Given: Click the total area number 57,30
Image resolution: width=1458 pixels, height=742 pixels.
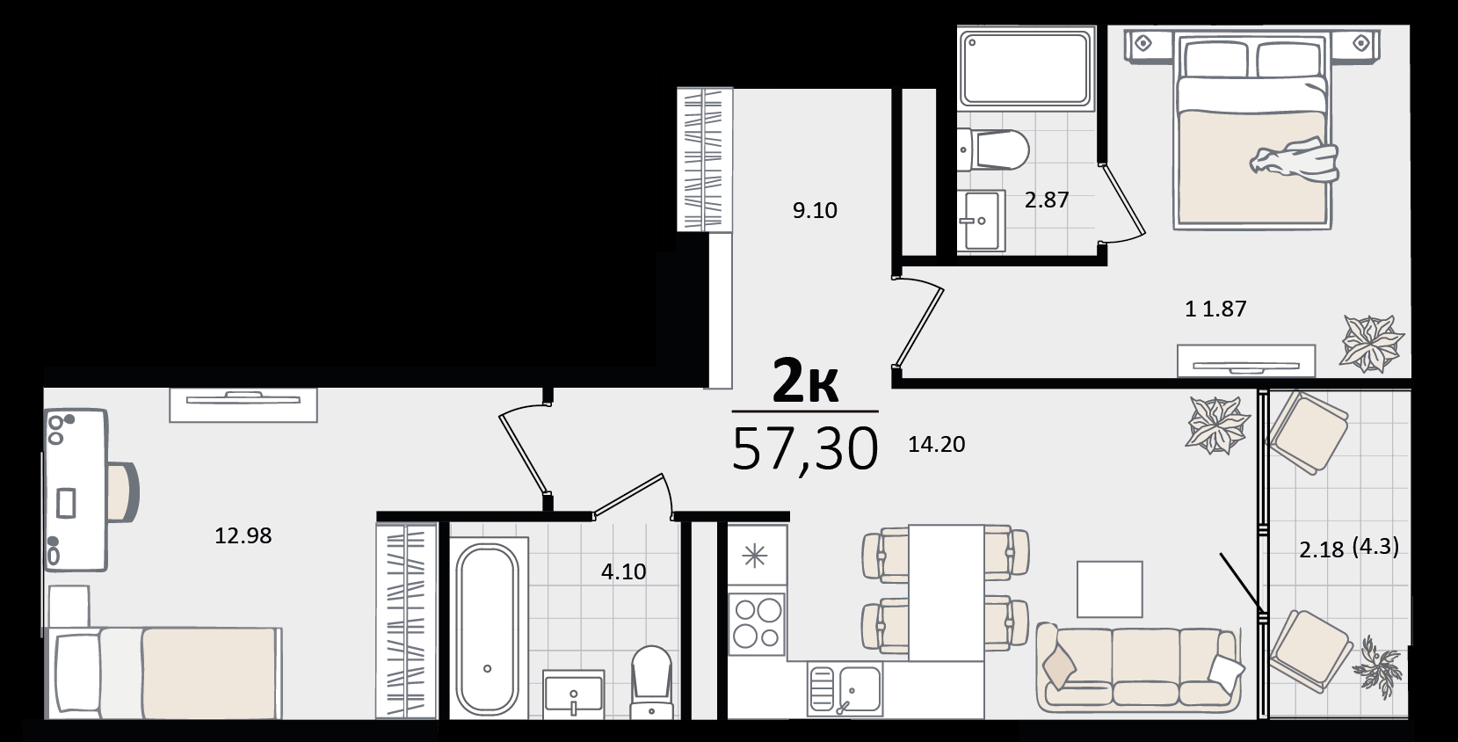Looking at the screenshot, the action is point(805,449).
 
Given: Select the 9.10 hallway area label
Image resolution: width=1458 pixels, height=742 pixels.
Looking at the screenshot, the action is point(815,210).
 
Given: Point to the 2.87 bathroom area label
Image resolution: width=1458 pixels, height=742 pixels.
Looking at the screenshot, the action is point(1047,200).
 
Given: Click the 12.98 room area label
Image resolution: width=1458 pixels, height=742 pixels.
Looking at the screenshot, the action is point(243,535).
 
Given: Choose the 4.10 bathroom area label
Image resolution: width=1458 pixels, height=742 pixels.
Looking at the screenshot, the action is point(624,571).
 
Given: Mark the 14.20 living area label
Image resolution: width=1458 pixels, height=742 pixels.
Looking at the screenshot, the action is point(937,444).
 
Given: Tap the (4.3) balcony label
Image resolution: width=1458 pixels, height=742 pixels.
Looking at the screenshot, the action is point(1375,546).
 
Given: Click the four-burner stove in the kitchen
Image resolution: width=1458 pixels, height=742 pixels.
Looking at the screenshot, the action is point(757,624).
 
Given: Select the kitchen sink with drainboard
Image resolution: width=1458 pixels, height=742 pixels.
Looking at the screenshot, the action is point(845,689).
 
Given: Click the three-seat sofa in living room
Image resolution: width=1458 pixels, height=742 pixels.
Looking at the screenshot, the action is point(1139,668).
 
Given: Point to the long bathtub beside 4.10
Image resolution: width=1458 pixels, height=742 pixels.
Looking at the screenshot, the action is point(488,628).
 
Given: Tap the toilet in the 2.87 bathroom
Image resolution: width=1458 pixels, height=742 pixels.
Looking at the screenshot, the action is point(993,149).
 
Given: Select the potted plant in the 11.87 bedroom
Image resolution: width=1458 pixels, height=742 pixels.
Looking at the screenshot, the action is point(1371,343).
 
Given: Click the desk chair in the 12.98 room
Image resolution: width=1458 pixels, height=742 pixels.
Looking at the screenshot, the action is point(124,492).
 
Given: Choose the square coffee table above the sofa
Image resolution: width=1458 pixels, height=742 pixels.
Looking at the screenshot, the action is point(1110,589).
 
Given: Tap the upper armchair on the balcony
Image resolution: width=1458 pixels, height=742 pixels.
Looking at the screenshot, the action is point(1309,433).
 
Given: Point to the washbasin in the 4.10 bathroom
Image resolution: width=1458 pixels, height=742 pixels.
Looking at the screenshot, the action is point(573,693).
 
